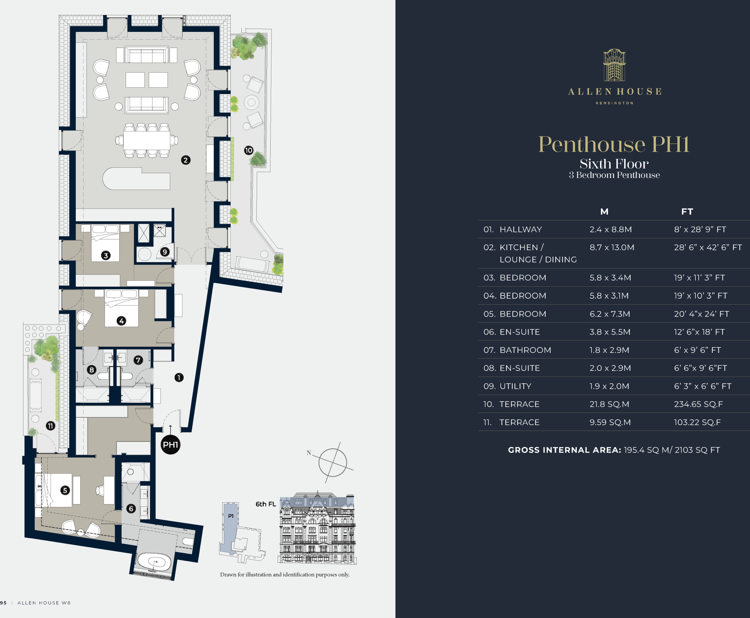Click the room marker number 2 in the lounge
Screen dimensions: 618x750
click(x=186, y=160)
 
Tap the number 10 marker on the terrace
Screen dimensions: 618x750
click(x=249, y=150)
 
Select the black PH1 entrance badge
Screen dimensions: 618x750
click(x=171, y=445)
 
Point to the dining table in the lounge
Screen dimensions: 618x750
click(x=146, y=141)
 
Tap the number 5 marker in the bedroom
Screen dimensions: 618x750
click(x=65, y=490)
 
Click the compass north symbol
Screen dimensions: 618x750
click(x=333, y=462)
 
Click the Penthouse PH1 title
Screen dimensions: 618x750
click(x=614, y=144)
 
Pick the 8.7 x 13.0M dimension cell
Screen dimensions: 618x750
click(x=612, y=247)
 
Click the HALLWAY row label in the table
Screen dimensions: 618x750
click(x=520, y=230)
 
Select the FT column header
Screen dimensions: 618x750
click(x=687, y=212)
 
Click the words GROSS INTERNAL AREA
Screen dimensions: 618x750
click(x=564, y=450)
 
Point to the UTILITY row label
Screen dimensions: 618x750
click(x=515, y=386)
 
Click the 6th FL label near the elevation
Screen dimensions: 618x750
click(x=266, y=504)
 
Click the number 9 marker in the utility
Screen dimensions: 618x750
click(x=165, y=252)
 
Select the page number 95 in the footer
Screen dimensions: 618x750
click(x=3, y=603)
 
